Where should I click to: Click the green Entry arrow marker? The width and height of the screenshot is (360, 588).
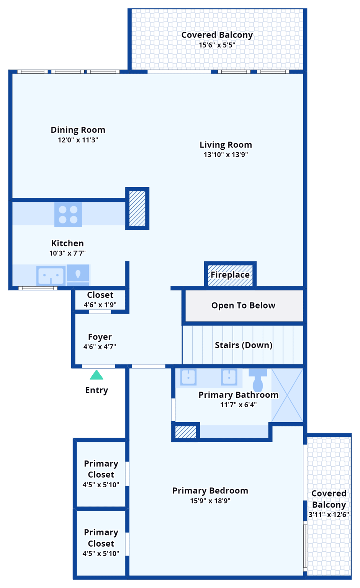coord(97,375)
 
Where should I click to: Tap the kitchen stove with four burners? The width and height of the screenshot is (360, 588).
coord(68,214)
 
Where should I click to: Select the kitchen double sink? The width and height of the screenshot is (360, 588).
coord(51,275)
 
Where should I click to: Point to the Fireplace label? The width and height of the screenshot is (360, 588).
coord(230,275)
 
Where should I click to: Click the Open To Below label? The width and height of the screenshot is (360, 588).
coord(243,305)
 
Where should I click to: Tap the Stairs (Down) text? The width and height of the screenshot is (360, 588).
coord(243,345)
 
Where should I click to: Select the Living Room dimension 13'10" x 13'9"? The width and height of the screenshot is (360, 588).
coord(226,155)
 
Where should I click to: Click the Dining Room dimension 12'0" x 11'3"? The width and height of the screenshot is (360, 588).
coord(78,140)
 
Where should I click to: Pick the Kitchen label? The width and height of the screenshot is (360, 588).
coord(67,243)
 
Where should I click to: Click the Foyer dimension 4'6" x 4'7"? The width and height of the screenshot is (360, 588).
coord(100,347)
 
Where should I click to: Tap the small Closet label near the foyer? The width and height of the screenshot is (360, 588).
coord(100,295)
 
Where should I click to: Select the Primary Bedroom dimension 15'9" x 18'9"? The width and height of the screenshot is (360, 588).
coord(210,501)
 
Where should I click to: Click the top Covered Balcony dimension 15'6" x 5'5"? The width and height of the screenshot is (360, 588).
coord(217,45)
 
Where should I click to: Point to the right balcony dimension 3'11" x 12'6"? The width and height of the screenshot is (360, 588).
coord(329,515)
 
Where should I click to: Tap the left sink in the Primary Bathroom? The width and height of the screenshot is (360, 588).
coord(188,377)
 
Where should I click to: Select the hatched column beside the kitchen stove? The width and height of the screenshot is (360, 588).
coord(137,209)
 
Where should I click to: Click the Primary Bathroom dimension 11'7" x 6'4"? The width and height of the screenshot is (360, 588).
coord(238,405)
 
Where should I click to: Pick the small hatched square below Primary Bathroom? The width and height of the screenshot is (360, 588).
coord(185,432)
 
